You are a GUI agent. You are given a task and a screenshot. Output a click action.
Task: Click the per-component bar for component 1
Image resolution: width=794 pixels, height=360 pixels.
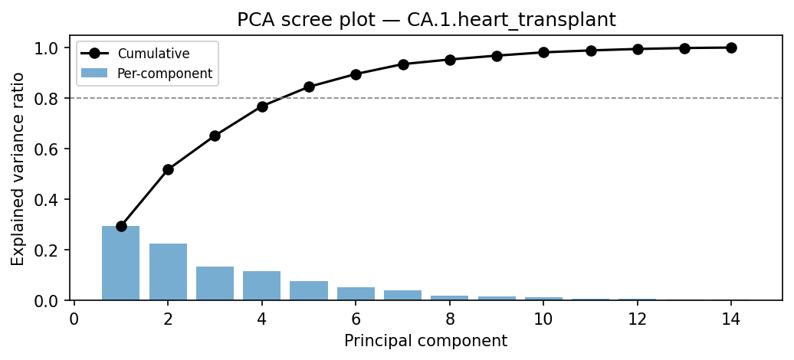(x=121, y=263)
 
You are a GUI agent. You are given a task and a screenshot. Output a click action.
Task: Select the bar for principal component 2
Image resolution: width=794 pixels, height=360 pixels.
(x=168, y=272)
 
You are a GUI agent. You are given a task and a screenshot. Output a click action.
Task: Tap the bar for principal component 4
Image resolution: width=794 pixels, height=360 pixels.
(x=262, y=286)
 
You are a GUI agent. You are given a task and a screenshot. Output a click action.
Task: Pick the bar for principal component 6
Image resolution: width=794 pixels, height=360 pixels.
(x=356, y=293)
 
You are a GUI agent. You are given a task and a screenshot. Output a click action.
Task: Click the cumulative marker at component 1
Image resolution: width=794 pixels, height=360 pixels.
(x=121, y=226)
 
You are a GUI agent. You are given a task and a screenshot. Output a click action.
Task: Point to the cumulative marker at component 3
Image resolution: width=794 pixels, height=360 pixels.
(x=215, y=136)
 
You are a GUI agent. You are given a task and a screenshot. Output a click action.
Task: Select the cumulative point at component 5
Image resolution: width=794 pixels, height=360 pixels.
(x=309, y=87)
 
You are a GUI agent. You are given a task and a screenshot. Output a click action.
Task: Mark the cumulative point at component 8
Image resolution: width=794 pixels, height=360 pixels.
(x=450, y=60)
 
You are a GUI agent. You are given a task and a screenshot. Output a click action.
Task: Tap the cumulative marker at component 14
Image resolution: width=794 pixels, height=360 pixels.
(x=731, y=47)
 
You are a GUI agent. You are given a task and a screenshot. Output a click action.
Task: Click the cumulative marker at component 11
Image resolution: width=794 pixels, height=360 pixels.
(x=591, y=51)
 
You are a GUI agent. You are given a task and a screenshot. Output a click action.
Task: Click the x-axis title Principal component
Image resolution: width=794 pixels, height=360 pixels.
(x=425, y=341)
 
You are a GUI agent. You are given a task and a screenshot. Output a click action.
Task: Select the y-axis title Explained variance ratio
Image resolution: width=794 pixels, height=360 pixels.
(x=18, y=169)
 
